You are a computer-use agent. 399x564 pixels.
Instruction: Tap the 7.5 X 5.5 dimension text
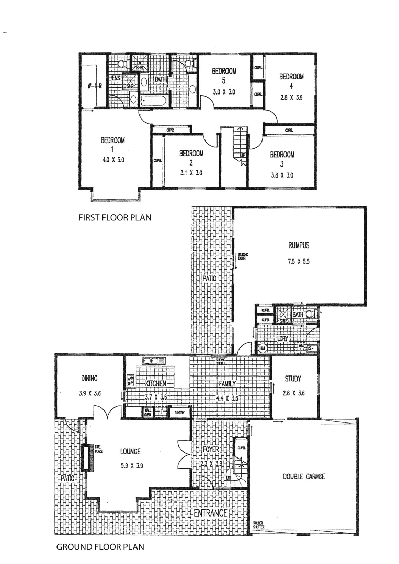(299, 262)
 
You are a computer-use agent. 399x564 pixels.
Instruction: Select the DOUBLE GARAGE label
(303, 476)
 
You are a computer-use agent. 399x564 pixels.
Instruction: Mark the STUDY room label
(293, 379)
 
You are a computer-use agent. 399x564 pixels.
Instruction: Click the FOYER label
(212, 449)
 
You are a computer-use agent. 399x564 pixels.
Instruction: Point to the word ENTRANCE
(211, 513)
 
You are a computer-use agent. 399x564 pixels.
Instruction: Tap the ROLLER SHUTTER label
(259, 525)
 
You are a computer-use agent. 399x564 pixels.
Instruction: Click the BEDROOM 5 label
(224, 76)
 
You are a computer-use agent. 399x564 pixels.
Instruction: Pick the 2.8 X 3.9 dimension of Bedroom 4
(291, 97)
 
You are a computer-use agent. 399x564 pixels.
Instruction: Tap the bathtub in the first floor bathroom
(154, 99)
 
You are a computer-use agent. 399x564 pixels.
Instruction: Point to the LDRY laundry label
(283, 339)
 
